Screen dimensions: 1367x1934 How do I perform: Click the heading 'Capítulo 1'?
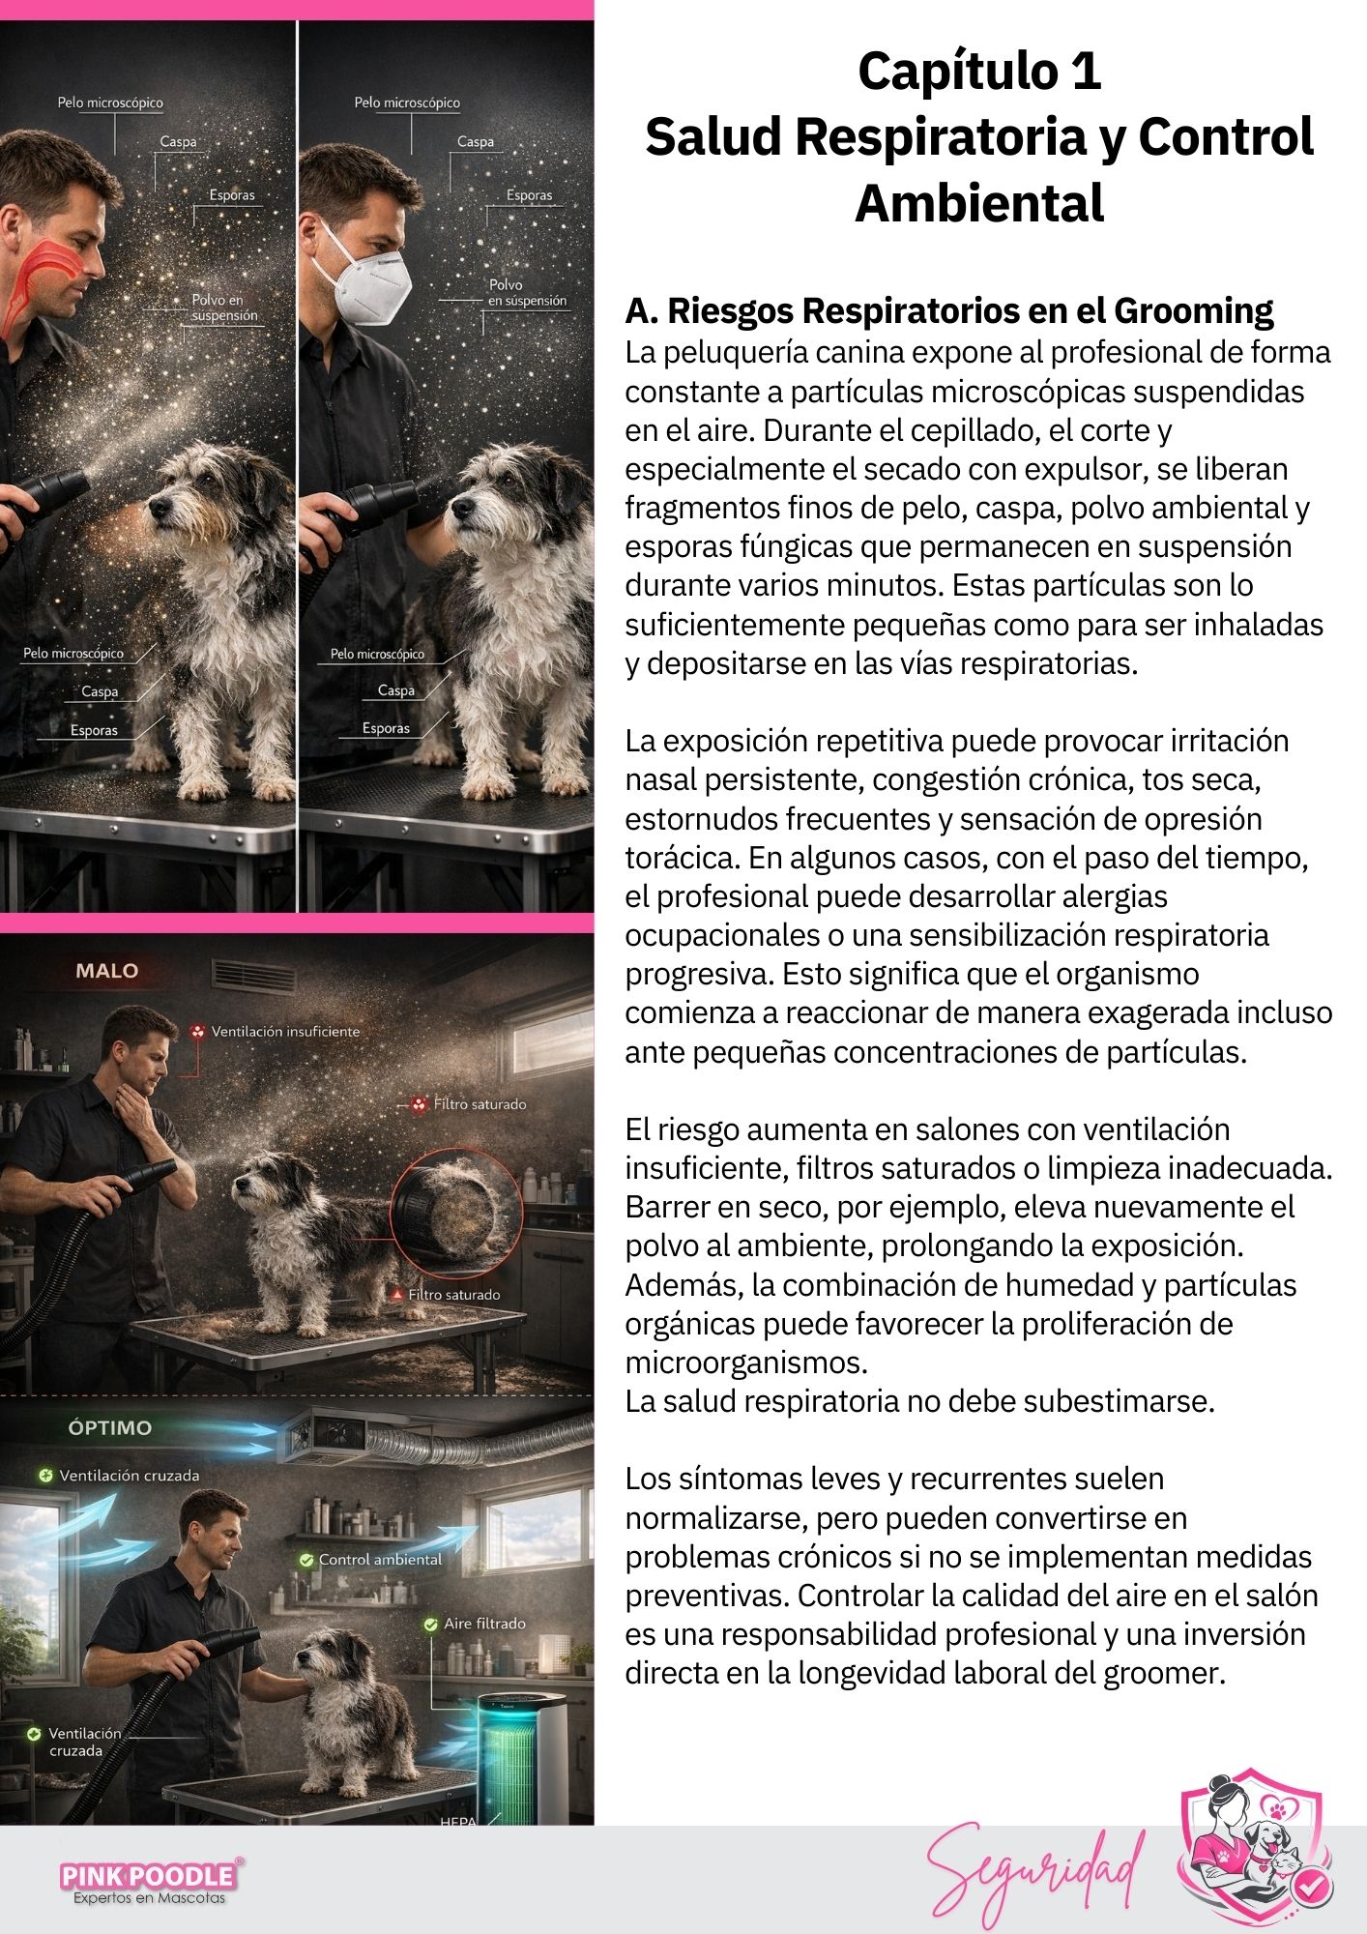(979, 73)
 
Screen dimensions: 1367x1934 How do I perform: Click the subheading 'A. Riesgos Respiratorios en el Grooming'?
(949, 311)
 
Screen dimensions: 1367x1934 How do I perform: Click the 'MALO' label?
(107, 971)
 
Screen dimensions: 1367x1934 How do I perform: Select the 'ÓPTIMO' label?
(110, 1427)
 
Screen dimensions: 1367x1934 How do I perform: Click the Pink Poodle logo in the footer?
(149, 1880)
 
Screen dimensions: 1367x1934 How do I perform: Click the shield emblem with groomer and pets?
(1254, 1837)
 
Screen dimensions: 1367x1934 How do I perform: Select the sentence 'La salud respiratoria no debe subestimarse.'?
(919, 1401)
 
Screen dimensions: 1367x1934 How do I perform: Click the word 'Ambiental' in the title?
(979, 204)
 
